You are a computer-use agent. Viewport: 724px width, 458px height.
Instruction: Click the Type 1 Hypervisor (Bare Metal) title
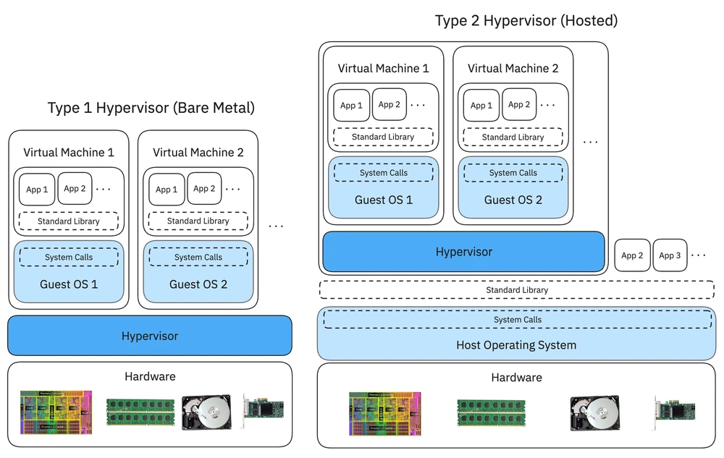[x=151, y=109]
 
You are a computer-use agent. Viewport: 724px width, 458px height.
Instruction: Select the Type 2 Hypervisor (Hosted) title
[x=526, y=20]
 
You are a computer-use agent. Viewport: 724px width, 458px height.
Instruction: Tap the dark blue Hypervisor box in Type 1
[x=150, y=336]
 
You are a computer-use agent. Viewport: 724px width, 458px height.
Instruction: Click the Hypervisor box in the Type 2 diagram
[x=463, y=252]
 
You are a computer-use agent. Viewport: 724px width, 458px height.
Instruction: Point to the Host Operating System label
[x=516, y=345]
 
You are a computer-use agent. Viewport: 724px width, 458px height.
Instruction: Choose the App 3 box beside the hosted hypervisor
[x=670, y=255]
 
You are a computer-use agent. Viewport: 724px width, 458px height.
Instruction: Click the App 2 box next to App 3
[x=632, y=255]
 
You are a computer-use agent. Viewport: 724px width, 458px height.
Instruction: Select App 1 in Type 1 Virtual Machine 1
[x=37, y=189]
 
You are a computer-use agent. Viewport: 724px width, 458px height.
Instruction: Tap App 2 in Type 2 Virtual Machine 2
[x=519, y=105]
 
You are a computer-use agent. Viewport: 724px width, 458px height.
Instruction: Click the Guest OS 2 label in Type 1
[x=198, y=284]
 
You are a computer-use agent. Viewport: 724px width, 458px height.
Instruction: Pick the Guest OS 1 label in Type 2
[x=384, y=200]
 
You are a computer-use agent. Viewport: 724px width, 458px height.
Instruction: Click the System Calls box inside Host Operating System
[x=517, y=319]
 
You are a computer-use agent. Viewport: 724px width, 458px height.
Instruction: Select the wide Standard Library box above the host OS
[x=517, y=289]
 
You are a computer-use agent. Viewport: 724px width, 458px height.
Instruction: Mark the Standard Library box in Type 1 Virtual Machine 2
[x=198, y=221]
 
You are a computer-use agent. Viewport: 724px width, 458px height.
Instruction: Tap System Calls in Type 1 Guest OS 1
[x=69, y=257]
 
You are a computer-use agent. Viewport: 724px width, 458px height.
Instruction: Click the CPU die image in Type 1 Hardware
[x=56, y=413]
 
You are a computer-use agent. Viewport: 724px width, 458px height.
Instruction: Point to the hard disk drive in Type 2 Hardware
[x=594, y=414]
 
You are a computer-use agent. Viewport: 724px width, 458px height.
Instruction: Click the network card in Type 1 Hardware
[x=264, y=410]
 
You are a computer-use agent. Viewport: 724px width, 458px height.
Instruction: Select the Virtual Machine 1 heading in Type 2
[x=383, y=69]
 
